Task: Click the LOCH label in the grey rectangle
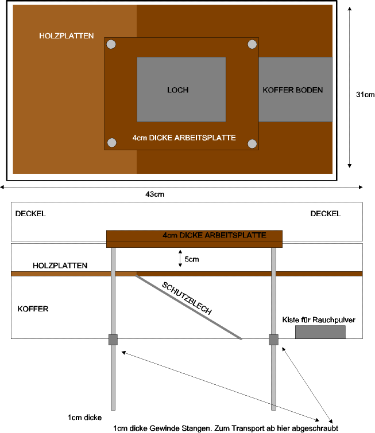pyautogui.click(x=178, y=90)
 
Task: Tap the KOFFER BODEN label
pyautogui.click(x=292, y=90)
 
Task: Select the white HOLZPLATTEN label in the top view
pyautogui.click(x=67, y=36)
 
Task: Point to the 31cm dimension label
pyautogui.click(x=365, y=95)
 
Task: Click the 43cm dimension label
pyautogui.click(x=155, y=194)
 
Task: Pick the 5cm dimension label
pyautogui.click(x=192, y=259)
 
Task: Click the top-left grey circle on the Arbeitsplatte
pyautogui.click(x=111, y=45)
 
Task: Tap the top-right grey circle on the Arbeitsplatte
pyautogui.click(x=252, y=44)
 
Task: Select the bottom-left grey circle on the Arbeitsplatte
pyautogui.click(x=112, y=143)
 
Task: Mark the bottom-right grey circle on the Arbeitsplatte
pyautogui.click(x=252, y=143)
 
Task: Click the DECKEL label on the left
pyautogui.click(x=30, y=214)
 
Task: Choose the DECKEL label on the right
pyautogui.click(x=326, y=214)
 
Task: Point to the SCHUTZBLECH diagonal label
pyautogui.click(x=187, y=298)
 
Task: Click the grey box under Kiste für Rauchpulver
pyautogui.click(x=320, y=332)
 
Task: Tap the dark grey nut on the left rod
pyautogui.click(x=113, y=340)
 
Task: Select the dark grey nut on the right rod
pyautogui.click(x=273, y=340)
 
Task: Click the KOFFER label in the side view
pyautogui.click(x=33, y=309)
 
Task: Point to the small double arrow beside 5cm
pyautogui.click(x=180, y=259)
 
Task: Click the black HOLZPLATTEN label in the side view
pyautogui.click(x=60, y=266)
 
